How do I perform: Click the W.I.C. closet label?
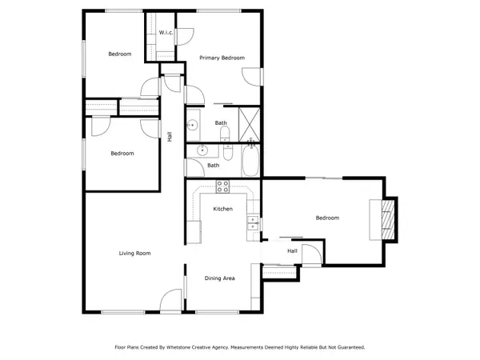click(x=166, y=33)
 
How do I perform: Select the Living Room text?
click(x=135, y=253)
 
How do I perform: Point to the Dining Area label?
click(x=219, y=278)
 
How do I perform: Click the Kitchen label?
click(x=222, y=209)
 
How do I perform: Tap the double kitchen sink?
click(x=253, y=223)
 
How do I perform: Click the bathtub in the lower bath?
click(x=250, y=161)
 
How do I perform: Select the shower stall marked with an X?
click(x=250, y=124)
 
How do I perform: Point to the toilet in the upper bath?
click(x=225, y=133)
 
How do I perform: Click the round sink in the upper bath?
click(x=193, y=124)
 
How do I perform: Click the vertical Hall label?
click(x=170, y=137)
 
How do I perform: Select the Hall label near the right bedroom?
click(x=293, y=250)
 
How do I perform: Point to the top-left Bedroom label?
click(x=119, y=54)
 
